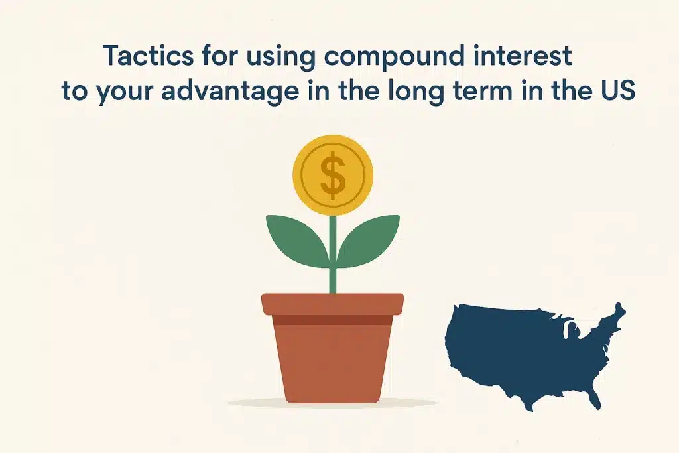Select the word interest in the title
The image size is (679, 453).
pyautogui.click(x=523, y=56)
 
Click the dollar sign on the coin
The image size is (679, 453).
pyautogui.click(x=333, y=175)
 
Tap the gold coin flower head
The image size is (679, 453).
pyautogui.click(x=333, y=175)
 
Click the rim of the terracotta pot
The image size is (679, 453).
pyautogui.click(x=333, y=304)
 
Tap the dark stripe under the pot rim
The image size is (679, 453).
pyautogui.click(x=333, y=320)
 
